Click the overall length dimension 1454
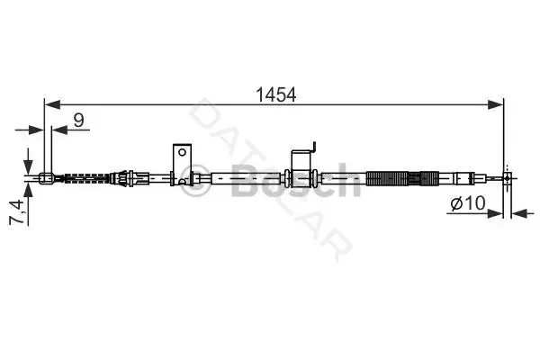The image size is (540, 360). (x=276, y=94)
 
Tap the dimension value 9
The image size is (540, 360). (x=79, y=120)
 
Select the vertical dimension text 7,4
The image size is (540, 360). (x=17, y=211)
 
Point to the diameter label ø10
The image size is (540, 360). (x=468, y=202)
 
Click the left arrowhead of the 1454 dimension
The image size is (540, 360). (x=52, y=104)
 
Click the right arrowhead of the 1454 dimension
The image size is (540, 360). (x=496, y=104)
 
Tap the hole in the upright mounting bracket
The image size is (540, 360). (x=182, y=152)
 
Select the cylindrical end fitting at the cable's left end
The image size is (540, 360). (x=47, y=178)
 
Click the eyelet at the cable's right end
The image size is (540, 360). (x=507, y=178)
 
